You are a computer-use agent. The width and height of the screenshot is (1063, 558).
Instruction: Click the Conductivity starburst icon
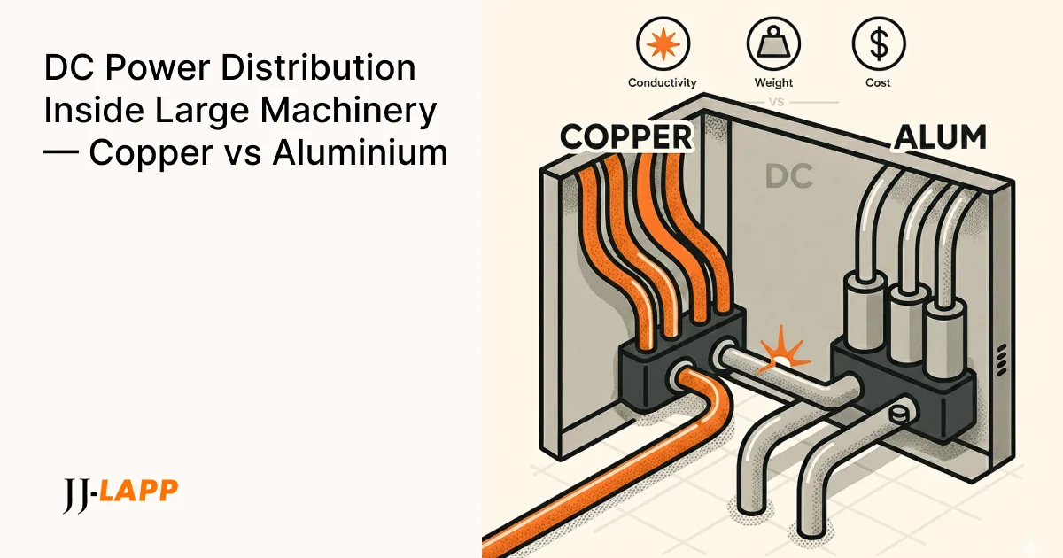click(662, 42)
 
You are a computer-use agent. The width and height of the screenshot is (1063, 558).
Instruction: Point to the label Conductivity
click(662, 82)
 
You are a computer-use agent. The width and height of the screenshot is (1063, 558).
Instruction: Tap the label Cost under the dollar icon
click(878, 82)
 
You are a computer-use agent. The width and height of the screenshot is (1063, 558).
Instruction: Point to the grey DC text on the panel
click(788, 177)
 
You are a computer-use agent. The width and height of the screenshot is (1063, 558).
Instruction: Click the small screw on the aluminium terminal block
click(896, 412)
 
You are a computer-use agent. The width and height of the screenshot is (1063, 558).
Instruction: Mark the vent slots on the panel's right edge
click(1000, 359)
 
